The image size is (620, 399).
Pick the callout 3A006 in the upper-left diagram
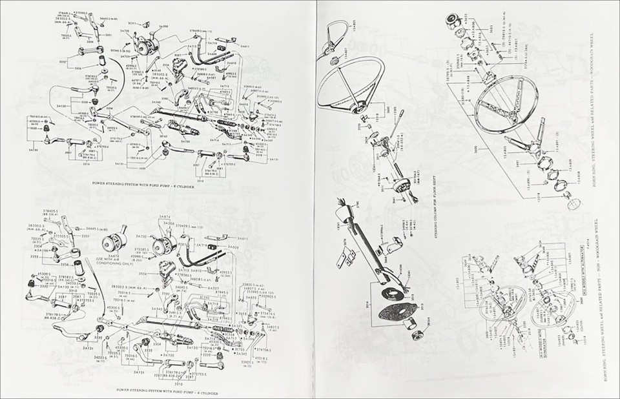(x=164, y=26)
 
